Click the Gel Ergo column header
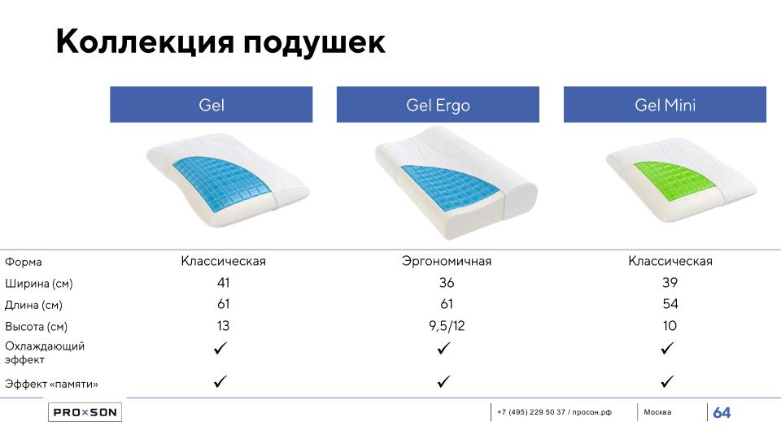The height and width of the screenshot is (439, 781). (438, 105)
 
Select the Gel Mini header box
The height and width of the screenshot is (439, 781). (665, 105)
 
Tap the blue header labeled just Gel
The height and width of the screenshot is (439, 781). (212, 105)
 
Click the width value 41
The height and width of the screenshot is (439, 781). (223, 283)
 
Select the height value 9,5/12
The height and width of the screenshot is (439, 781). (447, 326)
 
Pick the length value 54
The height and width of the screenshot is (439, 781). (670, 304)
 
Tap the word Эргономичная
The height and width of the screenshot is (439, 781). (447, 261)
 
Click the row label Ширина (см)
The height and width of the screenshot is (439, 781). (39, 284)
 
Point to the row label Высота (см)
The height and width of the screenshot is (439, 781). (36, 327)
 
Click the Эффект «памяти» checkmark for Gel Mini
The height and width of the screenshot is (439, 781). (667, 382)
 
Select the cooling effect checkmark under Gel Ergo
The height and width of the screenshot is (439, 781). (444, 349)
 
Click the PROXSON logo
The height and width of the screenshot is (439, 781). (85, 412)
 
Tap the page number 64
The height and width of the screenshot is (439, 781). (722, 413)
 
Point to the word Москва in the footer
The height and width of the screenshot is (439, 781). (657, 412)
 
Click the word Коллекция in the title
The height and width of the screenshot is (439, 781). (145, 41)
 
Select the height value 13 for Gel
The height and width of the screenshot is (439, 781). (223, 326)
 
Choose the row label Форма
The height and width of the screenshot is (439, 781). (24, 263)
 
